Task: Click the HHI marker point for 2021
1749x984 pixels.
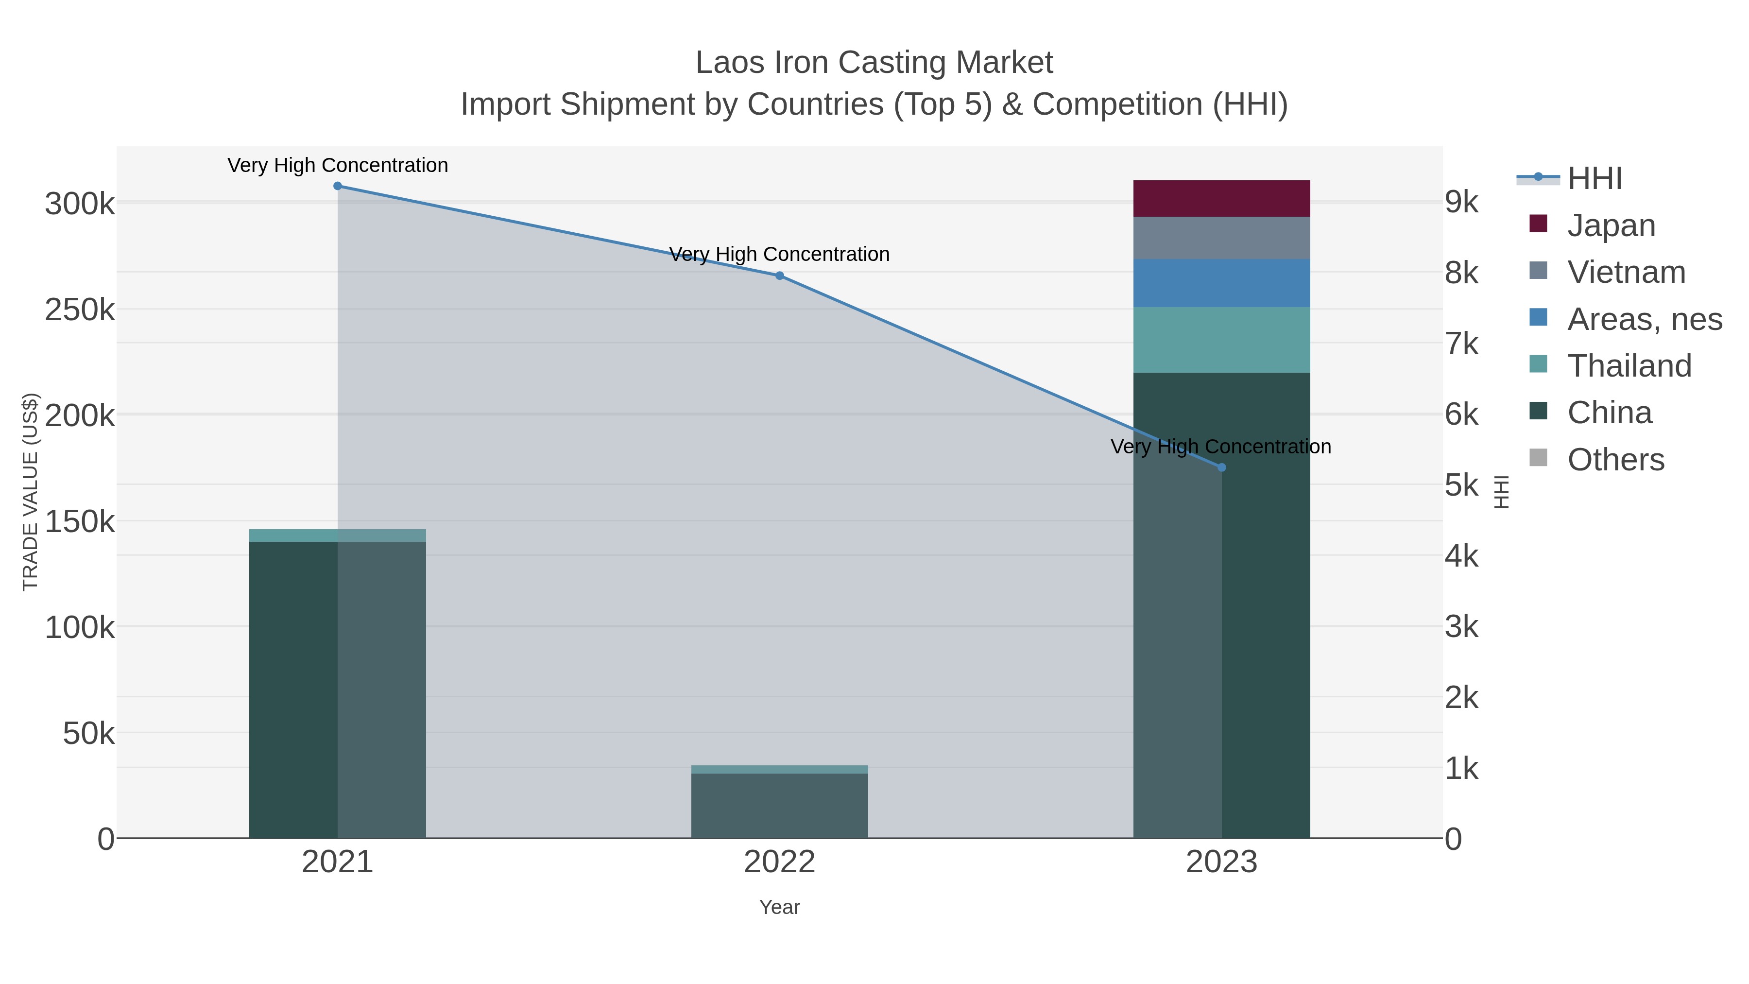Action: click(x=338, y=186)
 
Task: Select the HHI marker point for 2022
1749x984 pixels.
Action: click(x=779, y=276)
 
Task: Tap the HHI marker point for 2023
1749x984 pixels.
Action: click(x=1221, y=467)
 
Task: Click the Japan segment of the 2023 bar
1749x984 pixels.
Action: click(x=1221, y=198)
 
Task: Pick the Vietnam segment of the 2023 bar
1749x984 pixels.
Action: click(x=1221, y=238)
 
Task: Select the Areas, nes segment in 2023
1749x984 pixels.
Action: click(x=1221, y=282)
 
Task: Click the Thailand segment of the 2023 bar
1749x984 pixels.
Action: click(x=1221, y=340)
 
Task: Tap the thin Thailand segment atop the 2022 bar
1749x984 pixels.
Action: click(x=779, y=769)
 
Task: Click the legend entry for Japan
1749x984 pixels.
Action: click(x=1611, y=225)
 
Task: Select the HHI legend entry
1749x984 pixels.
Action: click(x=1594, y=179)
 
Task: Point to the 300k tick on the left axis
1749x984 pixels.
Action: click(x=80, y=204)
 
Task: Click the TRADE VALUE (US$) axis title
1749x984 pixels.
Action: click(x=31, y=492)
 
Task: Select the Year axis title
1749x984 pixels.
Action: click(x=779, y=907)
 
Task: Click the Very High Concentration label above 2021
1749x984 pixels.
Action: click(x=338, y=165)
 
